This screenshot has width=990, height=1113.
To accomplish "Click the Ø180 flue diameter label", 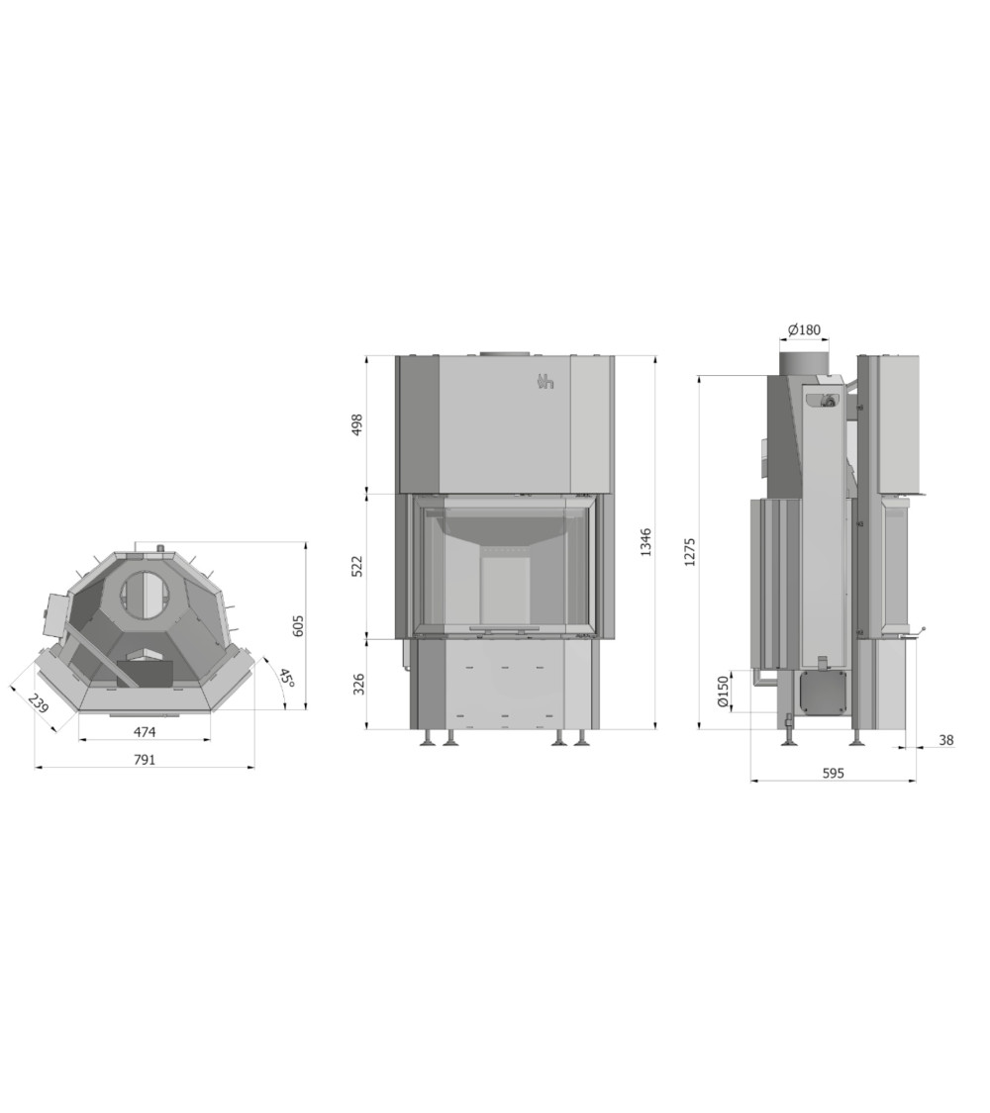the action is (804, 329).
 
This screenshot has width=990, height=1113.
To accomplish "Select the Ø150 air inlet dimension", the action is (723, 691).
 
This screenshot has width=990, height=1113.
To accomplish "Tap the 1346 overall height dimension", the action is (645, 541).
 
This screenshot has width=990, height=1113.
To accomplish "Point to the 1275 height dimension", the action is (690, 552).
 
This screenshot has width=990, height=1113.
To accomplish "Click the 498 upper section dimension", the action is (357, 424).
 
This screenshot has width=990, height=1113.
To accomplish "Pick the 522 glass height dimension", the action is (357, 566).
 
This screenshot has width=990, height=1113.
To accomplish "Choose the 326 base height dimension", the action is (358, 685).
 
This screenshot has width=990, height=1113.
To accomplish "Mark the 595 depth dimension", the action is (833, 773).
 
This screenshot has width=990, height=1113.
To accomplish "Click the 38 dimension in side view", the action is (946, 740).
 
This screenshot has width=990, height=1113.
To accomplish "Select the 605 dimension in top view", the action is (298, 625).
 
